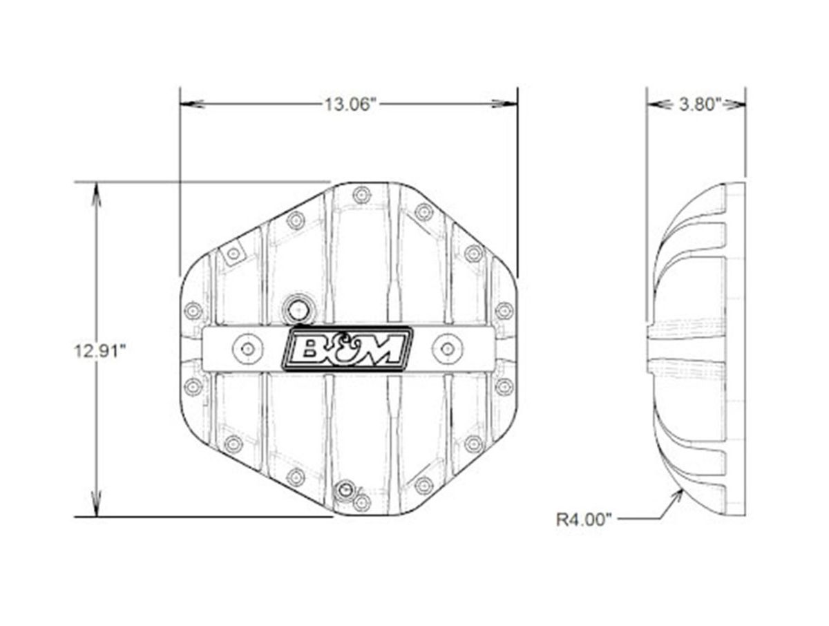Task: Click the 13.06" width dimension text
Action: click(351, 104)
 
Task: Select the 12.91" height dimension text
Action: click(99, 351)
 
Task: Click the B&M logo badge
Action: click(347, 349)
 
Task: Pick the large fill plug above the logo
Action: click(298, 310)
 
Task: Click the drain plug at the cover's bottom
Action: click(345, 491)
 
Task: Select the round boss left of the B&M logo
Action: click(248, 349)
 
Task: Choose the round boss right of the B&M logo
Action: click(447, 349)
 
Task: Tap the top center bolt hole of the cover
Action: click(362, 195)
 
